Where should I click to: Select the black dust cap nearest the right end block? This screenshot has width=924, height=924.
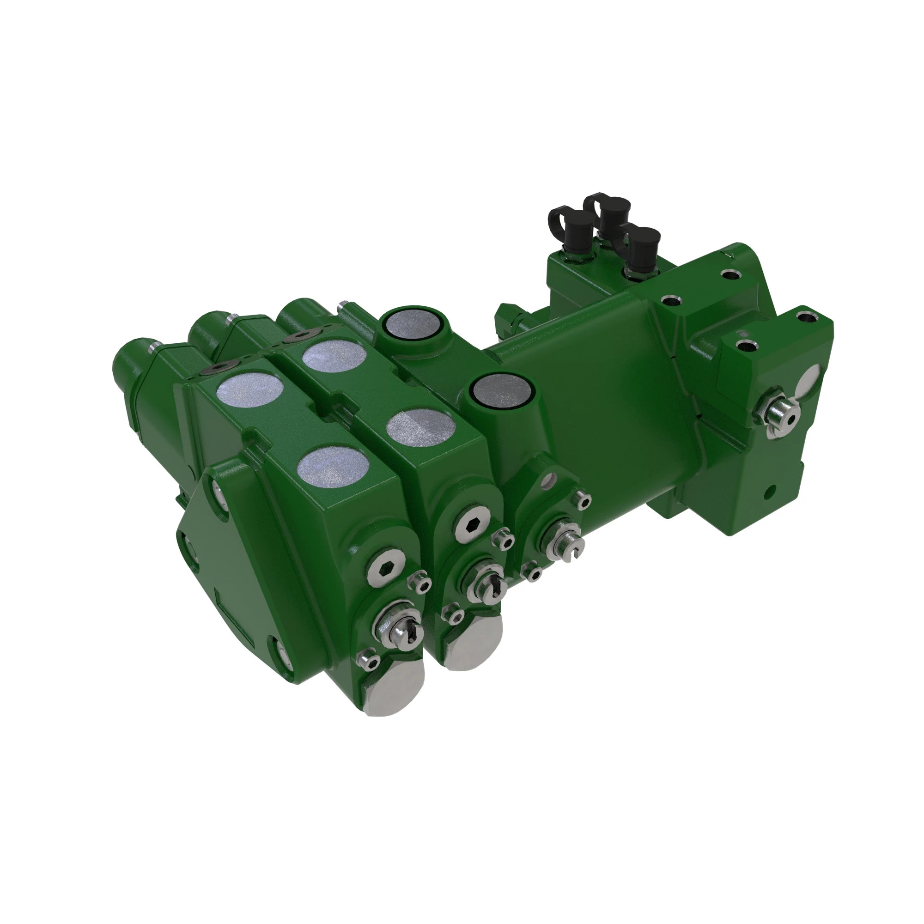click(x=643, y=242)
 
